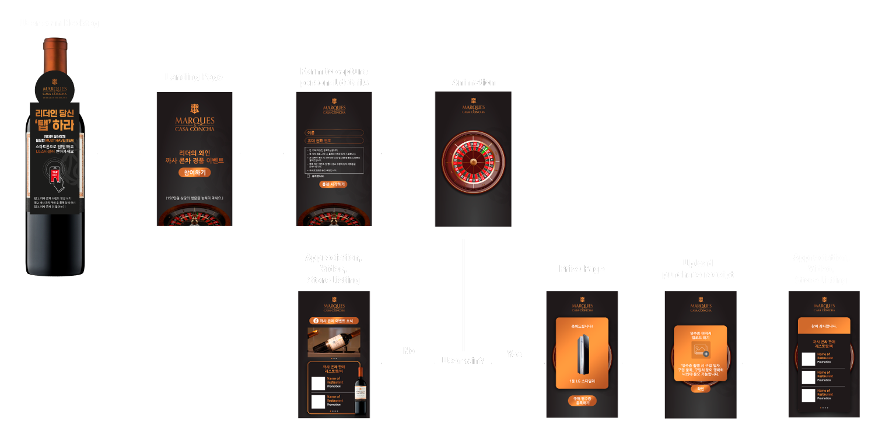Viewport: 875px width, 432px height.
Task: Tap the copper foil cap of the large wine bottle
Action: click(x=55, y=55)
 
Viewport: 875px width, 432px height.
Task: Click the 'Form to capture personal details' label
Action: click(x=334, y=78)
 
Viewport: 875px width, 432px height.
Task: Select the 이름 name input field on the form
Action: click(x=334, y=133)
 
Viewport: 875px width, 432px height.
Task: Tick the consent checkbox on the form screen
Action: click(x=309, y=175)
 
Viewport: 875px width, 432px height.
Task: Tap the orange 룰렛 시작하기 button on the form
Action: click(x=333, y=184)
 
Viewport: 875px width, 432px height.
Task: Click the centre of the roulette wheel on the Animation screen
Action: click(x=473, y=162)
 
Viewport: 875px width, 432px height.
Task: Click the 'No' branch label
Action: click(x=408, y=350)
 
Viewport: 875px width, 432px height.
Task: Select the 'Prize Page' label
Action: click(x=582, y=269)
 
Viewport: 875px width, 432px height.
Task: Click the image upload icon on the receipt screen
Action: click(x=700, y=350)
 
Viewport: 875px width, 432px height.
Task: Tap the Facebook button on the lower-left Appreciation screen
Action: click(x=334, y=321)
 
